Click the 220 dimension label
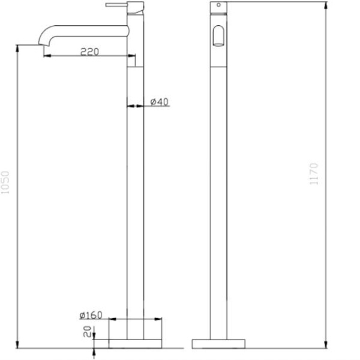pos(89,52)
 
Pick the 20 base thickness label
pos(88,331)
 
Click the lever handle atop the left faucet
pos(118,5)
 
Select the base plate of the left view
pos(136,344)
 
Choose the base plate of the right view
pos(219,344)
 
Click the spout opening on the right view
pos(219,37)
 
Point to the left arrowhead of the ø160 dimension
pos(111,320)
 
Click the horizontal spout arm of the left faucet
pos(90,28)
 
